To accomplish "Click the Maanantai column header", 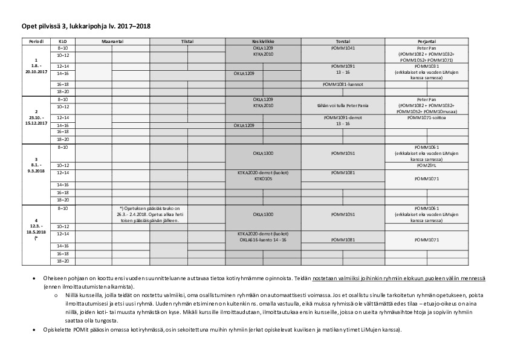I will pyautogui.click(x=112, y=41).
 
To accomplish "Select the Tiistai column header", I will pyautogui.click(x=187, y=41).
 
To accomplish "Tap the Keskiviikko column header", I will pyautogui.click(x=263, y=41).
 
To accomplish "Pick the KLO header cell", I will pyautogui.click(x=63, y=41).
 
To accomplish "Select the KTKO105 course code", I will pyautogui.click(x=263, y=178).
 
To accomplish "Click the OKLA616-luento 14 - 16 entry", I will pyautogui.click(x=263, y=240).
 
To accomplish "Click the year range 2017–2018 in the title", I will pyautogui.click(x=134, y=26).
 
